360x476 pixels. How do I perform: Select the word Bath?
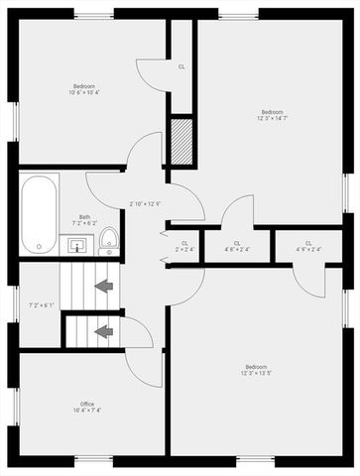click(85, 217)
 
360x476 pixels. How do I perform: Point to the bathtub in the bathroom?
click(40, 213)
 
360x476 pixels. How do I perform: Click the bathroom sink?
click(78, 243)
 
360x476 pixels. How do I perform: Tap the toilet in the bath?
click(108, 239)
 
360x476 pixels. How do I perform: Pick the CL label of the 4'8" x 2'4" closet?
click(237, 243)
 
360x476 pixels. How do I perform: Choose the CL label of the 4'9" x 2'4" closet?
click(308, 243)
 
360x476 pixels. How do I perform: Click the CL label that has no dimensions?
click(181, 67)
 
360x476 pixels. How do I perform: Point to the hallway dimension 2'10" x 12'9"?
click(145, 205)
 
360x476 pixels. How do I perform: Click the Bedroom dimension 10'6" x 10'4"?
click(83, 92)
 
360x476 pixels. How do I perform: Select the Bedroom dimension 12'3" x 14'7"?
click(273, 118)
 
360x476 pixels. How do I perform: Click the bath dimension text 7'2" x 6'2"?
click(85, 224)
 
